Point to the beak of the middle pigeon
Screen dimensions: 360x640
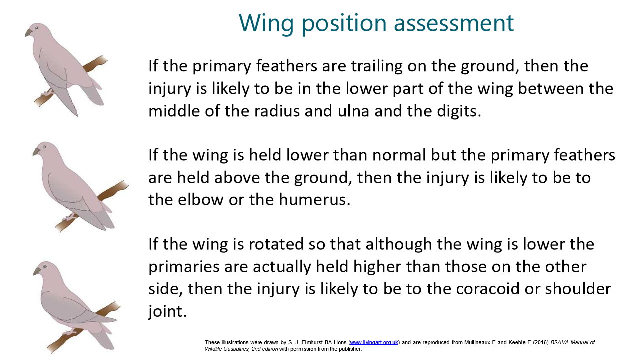pyautogui.click(x=36, y=151)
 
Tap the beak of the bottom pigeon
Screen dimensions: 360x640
pyautogui.click(x=37, y=271)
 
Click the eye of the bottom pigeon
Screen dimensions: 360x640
pyautogui.click(x=45, y=266)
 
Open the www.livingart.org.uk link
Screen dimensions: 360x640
pyautogui.click(x=374, y=342)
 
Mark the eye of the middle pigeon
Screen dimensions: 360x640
pyautogui.click(x=44, y=147)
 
